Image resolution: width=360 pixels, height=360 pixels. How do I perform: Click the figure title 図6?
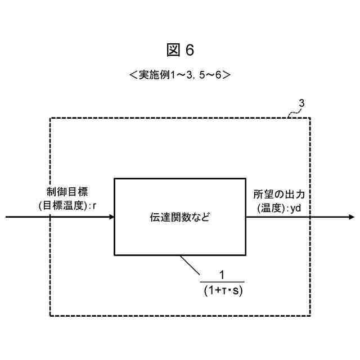click(180, 51)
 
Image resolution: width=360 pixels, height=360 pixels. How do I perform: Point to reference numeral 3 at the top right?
click(302, 103)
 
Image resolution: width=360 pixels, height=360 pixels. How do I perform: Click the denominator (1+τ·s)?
click(222, 290)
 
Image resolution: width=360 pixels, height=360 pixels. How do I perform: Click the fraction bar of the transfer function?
click(222, 282)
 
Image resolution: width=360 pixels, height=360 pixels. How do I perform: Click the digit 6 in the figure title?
click(189, 51)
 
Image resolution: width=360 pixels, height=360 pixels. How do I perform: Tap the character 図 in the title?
click(173, 51)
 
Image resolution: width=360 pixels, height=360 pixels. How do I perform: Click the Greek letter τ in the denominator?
click(223, 291)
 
